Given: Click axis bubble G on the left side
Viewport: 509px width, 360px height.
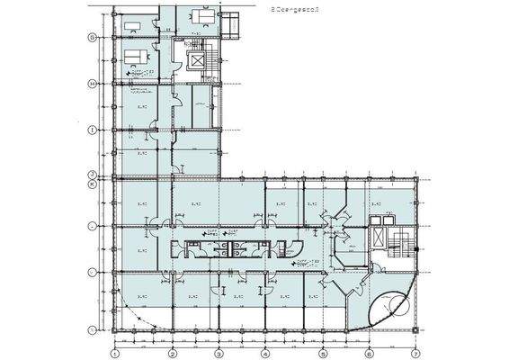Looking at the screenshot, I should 91,38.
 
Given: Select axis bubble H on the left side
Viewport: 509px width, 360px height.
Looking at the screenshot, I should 91,85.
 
